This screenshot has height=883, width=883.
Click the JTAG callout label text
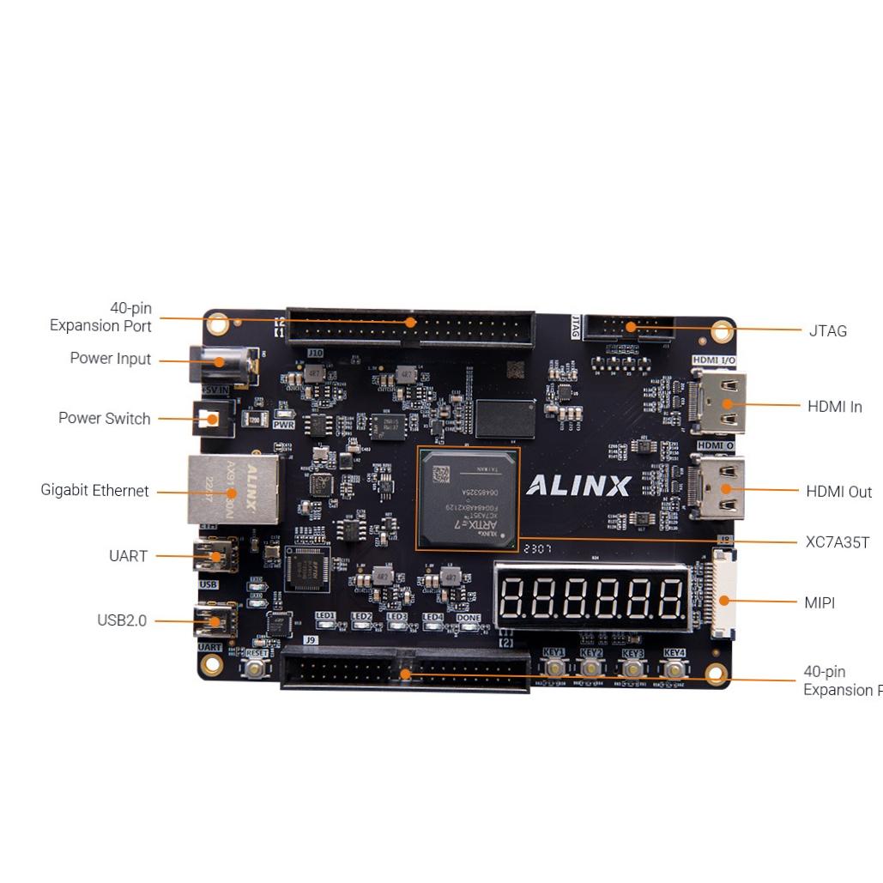[827, 330]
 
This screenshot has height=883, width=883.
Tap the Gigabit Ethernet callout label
[94, 491]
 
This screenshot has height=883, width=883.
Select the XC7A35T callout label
[838, 542]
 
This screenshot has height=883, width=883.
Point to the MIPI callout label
[819, 602]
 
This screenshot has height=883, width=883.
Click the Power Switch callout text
[104, 419]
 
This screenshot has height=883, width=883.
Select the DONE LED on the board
[469, 626]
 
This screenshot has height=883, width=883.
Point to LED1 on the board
[325, 626]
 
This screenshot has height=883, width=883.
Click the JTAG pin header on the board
[627, 328]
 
